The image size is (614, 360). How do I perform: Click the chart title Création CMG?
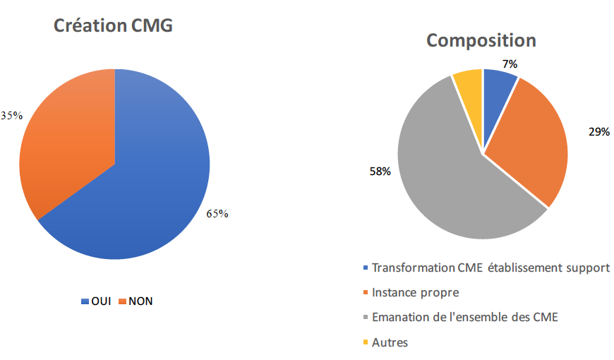114,27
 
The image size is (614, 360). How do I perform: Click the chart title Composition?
481,40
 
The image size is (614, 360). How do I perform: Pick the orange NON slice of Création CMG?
71,141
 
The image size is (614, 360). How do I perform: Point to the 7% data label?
510,64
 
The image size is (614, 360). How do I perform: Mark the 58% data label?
380,171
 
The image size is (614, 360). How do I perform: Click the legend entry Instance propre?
416,292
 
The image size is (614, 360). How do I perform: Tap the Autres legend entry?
390,342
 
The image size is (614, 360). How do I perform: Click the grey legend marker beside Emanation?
365,318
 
